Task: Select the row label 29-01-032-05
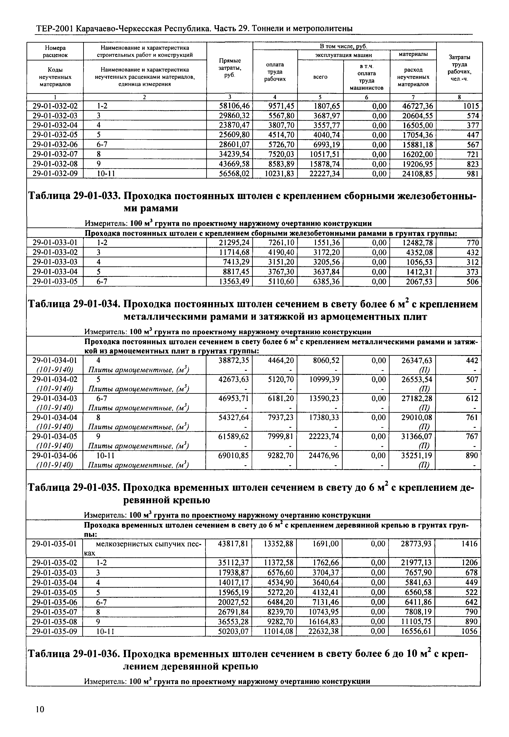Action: point(55,135)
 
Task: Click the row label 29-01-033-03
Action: point(55,262)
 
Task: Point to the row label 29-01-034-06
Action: point(55,456)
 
